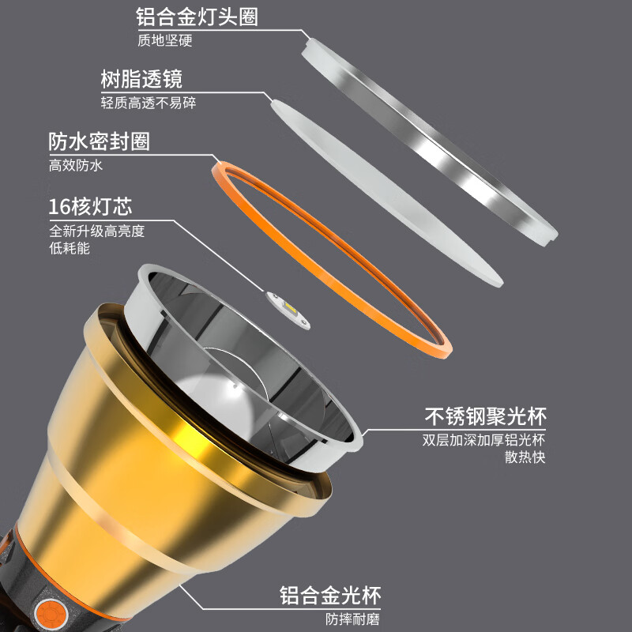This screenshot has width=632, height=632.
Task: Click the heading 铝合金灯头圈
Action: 197,17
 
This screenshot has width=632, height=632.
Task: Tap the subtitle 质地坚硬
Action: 164,41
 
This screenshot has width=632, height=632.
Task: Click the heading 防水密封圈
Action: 99,141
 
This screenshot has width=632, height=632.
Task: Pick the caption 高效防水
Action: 76,166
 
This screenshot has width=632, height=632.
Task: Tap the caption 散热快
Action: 526,457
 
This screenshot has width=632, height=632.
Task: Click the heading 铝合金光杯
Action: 336,595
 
